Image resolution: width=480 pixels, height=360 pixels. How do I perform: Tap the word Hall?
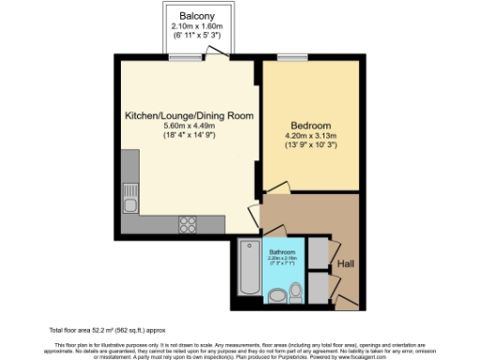(345, 263)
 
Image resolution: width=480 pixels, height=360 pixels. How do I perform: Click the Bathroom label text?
(282, 252)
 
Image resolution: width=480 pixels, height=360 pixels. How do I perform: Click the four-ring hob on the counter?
(187, 223)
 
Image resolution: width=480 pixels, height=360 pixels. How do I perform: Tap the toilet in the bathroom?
(296, 293)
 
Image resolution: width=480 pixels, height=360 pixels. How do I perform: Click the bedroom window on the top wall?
(292, 58)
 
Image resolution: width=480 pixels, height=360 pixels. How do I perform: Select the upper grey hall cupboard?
(318, 254)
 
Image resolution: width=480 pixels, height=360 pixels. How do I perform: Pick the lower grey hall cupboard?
(318, 287)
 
